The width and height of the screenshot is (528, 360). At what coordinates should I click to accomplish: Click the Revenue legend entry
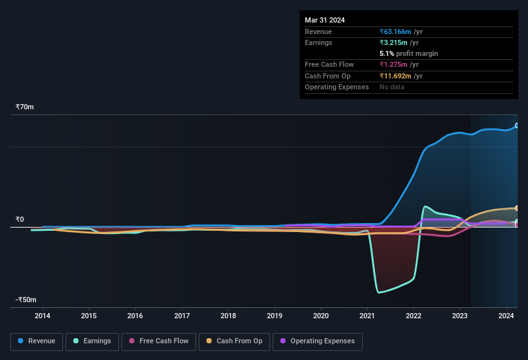[x=37, y=341]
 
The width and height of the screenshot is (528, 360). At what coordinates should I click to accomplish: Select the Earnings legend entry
[x=93, y=341]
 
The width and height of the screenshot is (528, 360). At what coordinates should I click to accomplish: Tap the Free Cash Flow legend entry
[x=158, y=341]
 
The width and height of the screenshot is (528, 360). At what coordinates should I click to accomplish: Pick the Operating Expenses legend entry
[x=318, y=341]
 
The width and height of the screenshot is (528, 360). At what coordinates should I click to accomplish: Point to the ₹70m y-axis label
[x=25, y=107]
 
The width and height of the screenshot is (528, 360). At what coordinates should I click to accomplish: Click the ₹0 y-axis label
[x=20, y=219]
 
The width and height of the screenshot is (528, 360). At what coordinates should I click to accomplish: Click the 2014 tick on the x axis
[x=42, y=316]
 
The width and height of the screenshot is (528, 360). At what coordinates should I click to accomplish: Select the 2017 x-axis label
[x=182, y=316]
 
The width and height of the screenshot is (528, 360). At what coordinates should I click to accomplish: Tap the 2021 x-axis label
[x=367, y=316]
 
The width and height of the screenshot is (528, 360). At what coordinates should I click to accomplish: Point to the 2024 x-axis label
[x=506, y=316]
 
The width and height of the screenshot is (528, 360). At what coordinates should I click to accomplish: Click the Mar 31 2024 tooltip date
[x=325, y=20]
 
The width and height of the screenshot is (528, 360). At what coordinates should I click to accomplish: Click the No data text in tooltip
[x=392, y=87]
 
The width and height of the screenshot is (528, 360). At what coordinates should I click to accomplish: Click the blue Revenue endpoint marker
[x=517, y=125]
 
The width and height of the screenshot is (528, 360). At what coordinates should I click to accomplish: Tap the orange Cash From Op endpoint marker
[x=517, y=208]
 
